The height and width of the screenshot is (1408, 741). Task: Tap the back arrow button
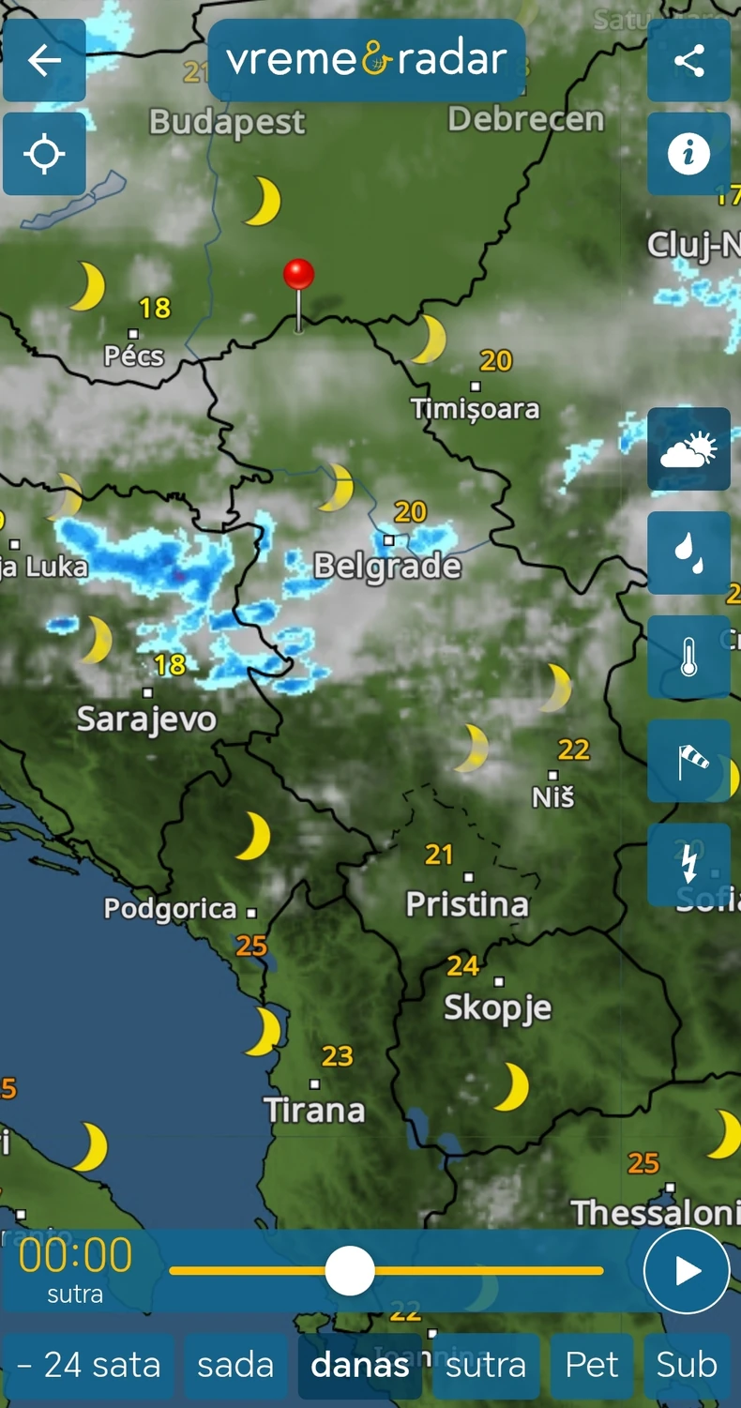[x=44, y=61]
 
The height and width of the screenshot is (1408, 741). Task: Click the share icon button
[x=688, y=61]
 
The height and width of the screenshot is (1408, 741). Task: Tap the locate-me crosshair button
[x=44, y=154]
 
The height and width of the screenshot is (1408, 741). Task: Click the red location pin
[x=298, y=275]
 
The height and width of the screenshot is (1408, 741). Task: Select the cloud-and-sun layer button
[x=688, y=449]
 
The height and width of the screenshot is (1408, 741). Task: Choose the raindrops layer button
[x=688, y=553]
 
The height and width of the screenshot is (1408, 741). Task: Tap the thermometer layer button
[x=688, y=657]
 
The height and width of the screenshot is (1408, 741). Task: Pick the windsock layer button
[x=688, y=761]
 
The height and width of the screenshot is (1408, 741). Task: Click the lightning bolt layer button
[x=688, y=864]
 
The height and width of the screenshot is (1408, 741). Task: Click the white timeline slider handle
[x=350, y=1271]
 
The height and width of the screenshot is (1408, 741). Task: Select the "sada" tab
[x=235, y=1365]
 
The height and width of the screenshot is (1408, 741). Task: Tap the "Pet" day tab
[x=592, y=1365]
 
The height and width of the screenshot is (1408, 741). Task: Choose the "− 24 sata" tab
[x=88, y=1365]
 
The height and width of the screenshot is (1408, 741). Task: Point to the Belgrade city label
[x=387, y=567]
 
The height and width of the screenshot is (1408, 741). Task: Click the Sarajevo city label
[x=146, y=719]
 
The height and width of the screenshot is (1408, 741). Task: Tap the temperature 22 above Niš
[x=573, y=749]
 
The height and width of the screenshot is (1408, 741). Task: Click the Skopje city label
[x=497, y=1008]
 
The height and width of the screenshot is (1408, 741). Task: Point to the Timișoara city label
[x=476, y=409]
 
